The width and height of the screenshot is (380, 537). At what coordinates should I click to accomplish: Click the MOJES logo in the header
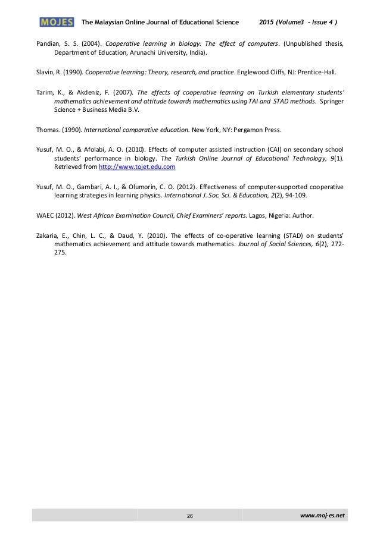tap(57, 23)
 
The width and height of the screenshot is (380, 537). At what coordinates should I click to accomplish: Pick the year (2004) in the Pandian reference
tap(90, 43)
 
